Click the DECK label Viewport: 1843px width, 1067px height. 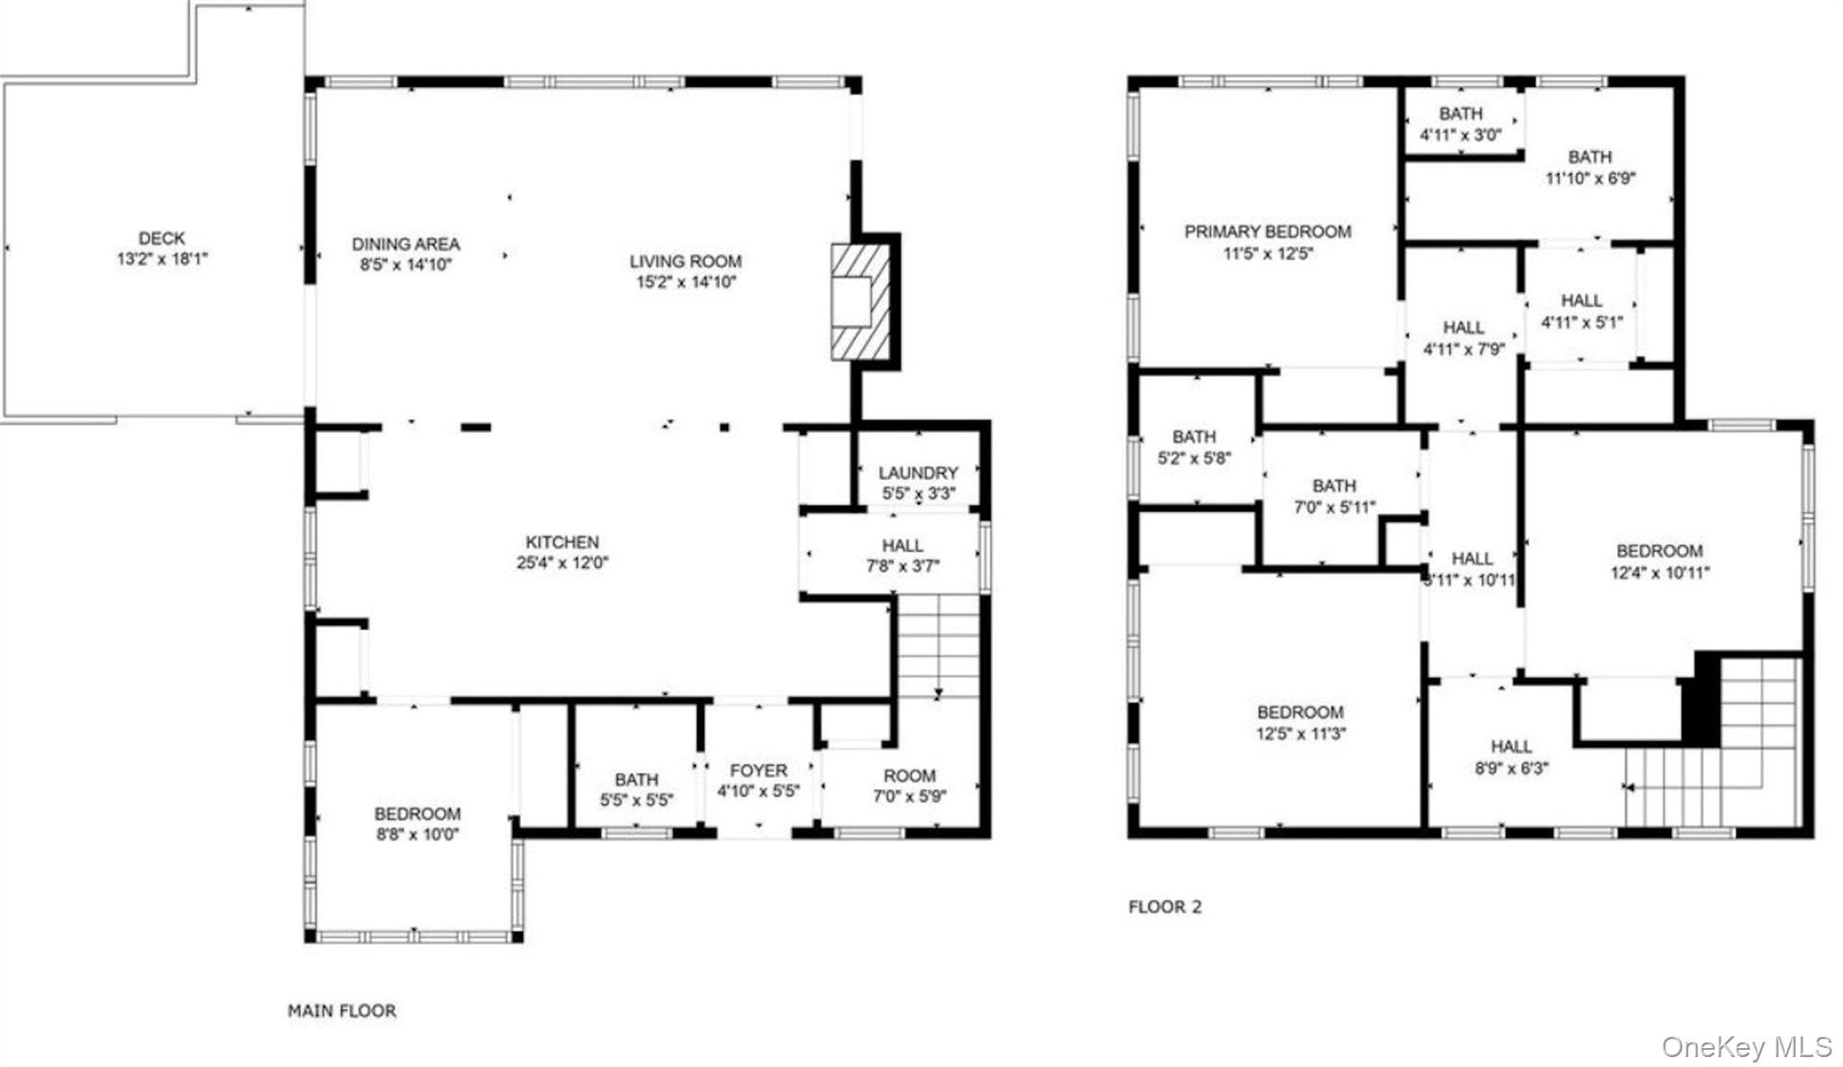coord(162,238)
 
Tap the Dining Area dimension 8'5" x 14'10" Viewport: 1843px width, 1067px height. coord(406,265)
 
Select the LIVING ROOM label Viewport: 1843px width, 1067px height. coord(686,262)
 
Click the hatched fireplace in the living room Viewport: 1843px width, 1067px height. coord(860,302)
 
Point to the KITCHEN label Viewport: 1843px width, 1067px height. coord(562,542)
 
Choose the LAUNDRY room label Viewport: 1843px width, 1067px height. coord(918,473)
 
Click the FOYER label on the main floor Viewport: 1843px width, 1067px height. coord(759,771)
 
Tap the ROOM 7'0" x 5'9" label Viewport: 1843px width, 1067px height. coord(910,785)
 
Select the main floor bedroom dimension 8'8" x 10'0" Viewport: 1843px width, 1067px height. coord(418,834)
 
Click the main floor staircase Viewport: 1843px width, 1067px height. coord(939,646)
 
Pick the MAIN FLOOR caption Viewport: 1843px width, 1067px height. coord(342,1011)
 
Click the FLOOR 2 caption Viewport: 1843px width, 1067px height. coord(1164,907)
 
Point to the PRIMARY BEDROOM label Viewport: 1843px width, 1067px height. coord(1268,232)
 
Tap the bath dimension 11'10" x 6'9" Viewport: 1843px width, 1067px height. coord(1591,178)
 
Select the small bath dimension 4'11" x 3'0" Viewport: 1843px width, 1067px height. coord(1461,135)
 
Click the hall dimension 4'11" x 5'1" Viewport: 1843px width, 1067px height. coord(1582,322)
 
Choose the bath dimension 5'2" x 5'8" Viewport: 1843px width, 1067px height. coord(1194,458)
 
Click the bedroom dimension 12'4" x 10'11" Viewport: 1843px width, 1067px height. coord(1660,572)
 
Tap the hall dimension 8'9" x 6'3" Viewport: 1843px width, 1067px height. coord(1512,768)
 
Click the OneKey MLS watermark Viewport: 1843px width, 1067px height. coord(1747,1047)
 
